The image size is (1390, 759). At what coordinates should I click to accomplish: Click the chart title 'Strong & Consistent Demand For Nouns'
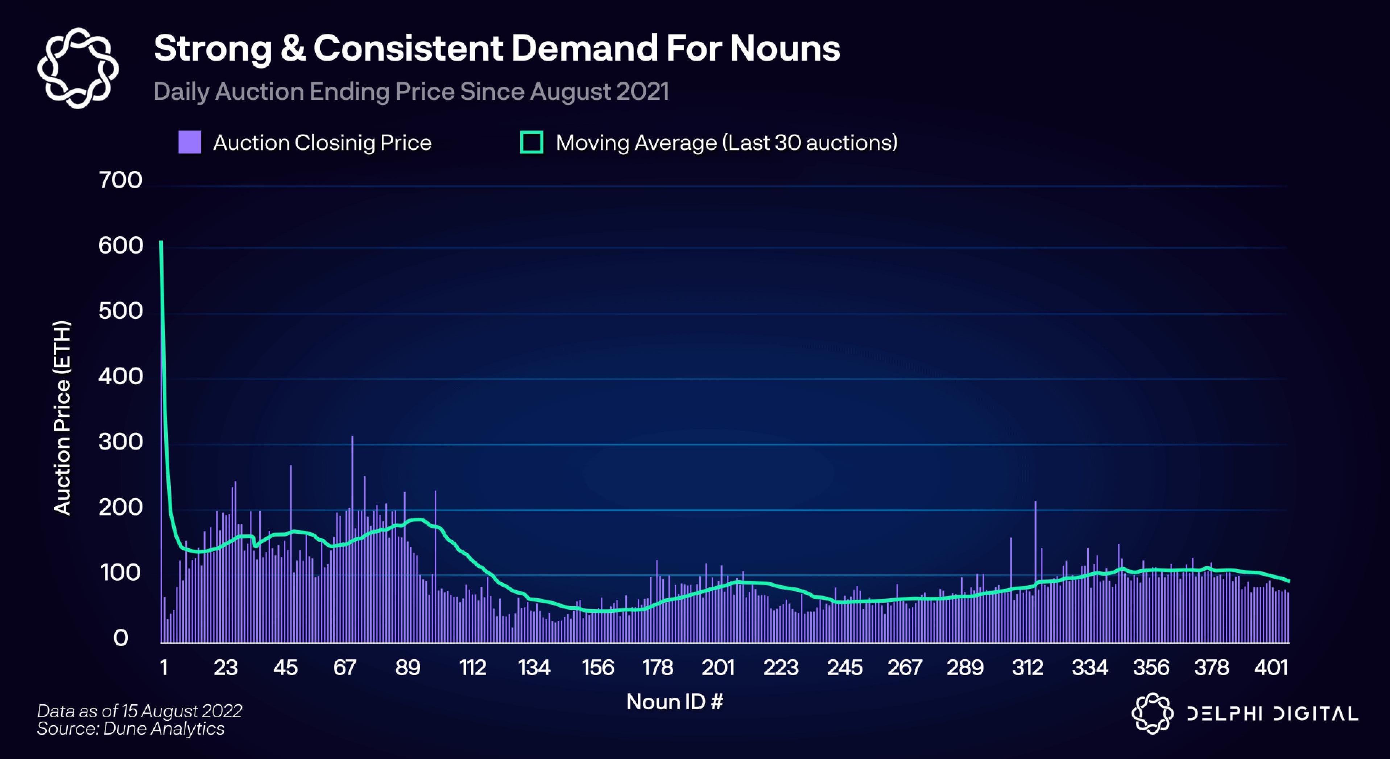496,49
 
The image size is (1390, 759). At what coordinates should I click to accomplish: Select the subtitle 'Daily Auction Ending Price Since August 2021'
411,91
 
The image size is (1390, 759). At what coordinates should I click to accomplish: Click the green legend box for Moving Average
531,143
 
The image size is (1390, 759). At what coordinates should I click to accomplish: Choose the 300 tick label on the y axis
120,442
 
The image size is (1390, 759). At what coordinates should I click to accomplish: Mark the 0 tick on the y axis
121,638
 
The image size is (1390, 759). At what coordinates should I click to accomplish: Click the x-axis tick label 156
597,668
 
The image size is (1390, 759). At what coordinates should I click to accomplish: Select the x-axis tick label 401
1271,668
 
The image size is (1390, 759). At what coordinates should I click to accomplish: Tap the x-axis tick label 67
345,668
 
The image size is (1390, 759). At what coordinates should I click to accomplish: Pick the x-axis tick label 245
844,668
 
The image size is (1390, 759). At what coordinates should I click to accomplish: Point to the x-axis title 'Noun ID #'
674,702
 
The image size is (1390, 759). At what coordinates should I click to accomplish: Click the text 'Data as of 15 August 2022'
139,711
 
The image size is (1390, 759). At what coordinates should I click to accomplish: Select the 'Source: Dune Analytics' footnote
131,729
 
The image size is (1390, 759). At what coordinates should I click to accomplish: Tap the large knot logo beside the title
78,68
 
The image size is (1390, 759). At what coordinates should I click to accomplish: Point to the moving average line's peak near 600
161,243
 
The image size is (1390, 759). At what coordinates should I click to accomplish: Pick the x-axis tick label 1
164,668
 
